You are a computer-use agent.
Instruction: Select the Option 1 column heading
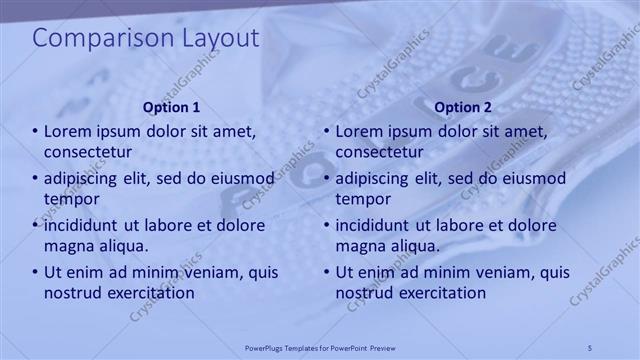coord(171,107)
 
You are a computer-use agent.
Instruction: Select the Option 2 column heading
coord(463,107)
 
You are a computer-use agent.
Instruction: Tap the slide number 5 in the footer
coord(590,346)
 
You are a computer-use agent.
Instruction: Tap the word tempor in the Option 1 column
coord(69,199)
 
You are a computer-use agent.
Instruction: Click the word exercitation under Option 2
coord(440,293)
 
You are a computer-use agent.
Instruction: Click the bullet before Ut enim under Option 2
coord(327,272)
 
